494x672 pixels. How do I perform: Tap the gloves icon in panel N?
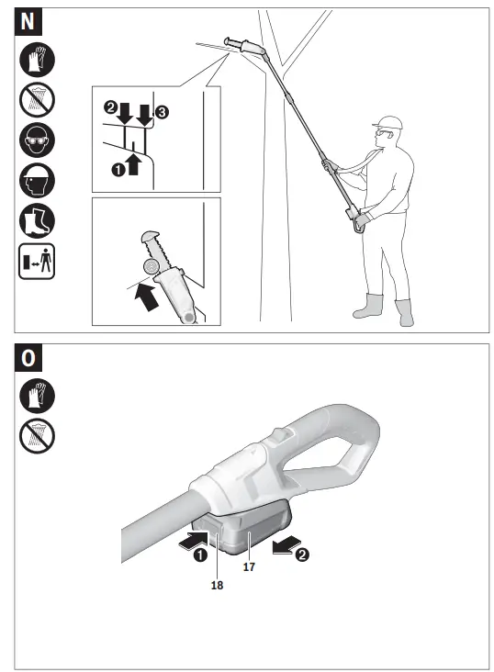tap(38, 61)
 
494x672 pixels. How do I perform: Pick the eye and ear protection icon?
tap(38, 140)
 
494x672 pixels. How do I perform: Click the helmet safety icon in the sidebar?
tap(38, 180)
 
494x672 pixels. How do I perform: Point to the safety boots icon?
tap(38, 220)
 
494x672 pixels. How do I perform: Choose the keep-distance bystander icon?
tap(38, 261)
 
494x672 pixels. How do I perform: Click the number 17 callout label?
tap(248, 566)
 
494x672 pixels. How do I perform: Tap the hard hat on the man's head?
tap(390, 122)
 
